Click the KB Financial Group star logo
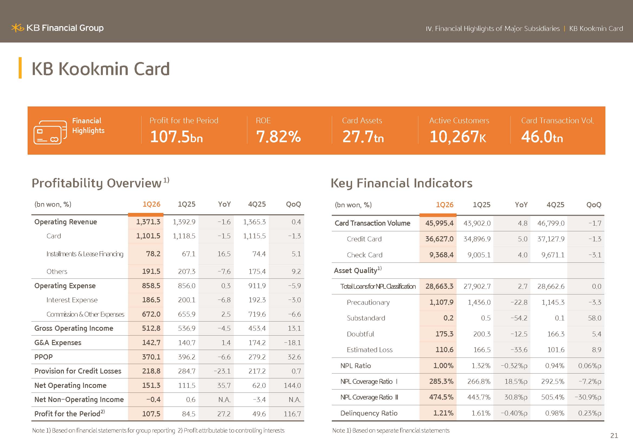tap(18, 28)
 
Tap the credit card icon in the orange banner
tap(50, 132)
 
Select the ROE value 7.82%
tap(278, 137)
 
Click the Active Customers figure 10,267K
tap(458, 137)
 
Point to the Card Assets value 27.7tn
tap(363, 137)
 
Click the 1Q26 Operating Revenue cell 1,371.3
tap(148, 222)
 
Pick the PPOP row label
tap(43, 357)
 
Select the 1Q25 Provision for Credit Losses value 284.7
tap(187, 371)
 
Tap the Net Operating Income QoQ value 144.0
tap(292, 385)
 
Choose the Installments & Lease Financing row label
tap(85, 254)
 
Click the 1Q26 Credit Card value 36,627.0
tap(439, 239)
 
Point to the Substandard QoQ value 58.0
tap(594, 318)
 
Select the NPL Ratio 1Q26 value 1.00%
tap(443, 366)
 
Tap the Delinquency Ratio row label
tap(369, 413)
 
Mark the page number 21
tap(614, 436)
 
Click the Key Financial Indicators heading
tap(401, 183)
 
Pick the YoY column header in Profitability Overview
tap(224, 204)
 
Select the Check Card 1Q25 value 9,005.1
tap(479, 255)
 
